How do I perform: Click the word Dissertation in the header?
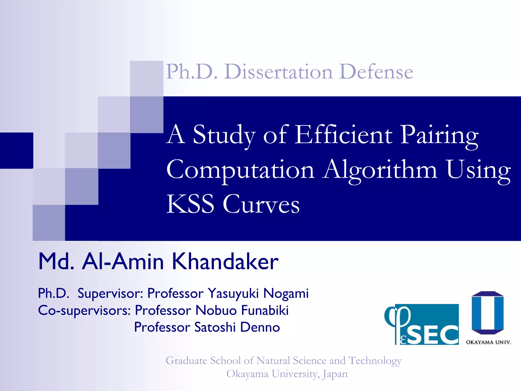click(x=278, y=72)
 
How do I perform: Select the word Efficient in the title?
click(x=344, y=135)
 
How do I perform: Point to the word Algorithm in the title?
click(x=380, y=170)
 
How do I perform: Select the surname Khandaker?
click(x=225, y=261)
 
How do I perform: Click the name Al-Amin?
click(x=123, y=261)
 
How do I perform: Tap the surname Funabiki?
click(x=265, y=310)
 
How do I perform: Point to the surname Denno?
click(x=260, y=327)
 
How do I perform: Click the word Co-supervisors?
click(x=84, y=311)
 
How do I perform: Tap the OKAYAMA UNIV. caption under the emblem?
click(x=488, y=342)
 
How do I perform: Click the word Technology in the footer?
click(x=375, y=361)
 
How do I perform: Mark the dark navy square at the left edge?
click(x=17, y=150)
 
